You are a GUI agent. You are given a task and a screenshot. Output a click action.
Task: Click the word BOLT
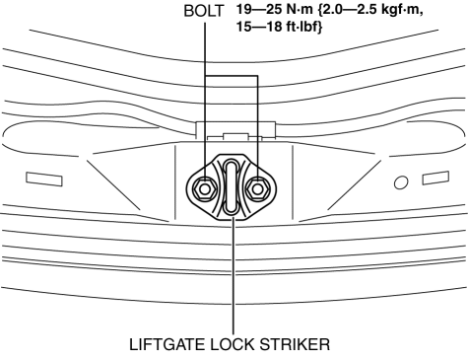coord(204,11)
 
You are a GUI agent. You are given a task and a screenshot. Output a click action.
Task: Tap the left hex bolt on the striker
coord(204,189)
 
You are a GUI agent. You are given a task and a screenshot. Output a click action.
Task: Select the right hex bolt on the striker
coord(258,189)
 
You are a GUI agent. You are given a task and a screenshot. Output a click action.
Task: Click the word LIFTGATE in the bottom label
coord(167,344)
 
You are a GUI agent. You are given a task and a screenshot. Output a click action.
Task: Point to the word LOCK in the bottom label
coord(233,344)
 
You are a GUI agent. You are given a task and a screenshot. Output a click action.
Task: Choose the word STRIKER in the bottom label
coord(295,344)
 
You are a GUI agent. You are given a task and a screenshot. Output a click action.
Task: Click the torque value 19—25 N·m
coord(275,10)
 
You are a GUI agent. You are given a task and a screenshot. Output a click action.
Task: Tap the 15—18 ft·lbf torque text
coord(279,27)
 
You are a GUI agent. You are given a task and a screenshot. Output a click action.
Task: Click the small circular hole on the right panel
coord(401,182)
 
